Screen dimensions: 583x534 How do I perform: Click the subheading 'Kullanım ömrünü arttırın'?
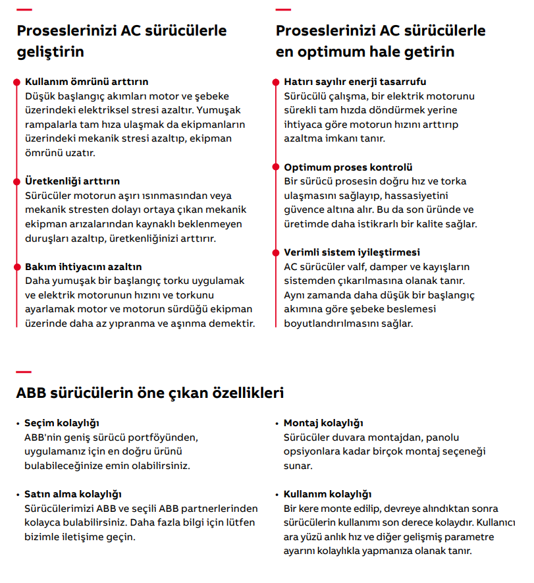click(86, 82)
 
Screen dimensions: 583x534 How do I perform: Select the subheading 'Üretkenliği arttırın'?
click(72, 181)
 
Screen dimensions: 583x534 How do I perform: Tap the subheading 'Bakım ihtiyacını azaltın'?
click(83, 267)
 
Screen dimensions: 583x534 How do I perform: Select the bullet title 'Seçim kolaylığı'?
click(62, 423)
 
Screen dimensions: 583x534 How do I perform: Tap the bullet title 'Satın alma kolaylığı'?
click(73, 494)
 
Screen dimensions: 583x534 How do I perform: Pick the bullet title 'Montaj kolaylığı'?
click(323, 423)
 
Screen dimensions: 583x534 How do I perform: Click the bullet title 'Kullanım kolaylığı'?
click(328, 494)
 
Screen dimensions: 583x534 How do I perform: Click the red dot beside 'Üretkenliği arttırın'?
click(16, 181)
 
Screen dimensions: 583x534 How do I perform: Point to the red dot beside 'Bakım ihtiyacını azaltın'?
click(16, 267)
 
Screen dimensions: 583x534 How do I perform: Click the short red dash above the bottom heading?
click(24, 372)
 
